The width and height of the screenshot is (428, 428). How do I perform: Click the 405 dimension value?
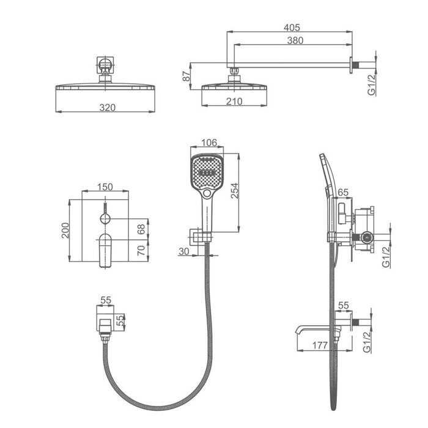292,28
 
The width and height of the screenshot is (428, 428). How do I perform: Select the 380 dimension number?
295,40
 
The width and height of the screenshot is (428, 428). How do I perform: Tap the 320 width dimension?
107,108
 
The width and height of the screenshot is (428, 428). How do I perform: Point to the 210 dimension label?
234,101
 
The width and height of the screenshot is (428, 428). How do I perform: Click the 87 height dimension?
186,76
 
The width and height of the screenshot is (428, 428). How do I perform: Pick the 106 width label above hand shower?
209,142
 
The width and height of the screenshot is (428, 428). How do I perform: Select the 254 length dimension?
234,191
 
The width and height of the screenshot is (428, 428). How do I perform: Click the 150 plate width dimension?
105,187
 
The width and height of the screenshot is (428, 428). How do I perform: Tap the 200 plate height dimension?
65,231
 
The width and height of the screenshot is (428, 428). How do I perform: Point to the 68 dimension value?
141,229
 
